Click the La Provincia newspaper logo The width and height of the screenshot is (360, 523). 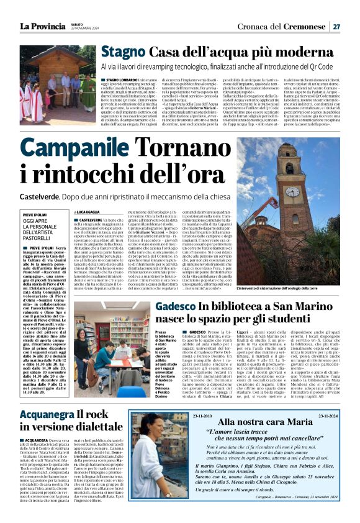42,26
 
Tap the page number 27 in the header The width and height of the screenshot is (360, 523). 336,26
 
